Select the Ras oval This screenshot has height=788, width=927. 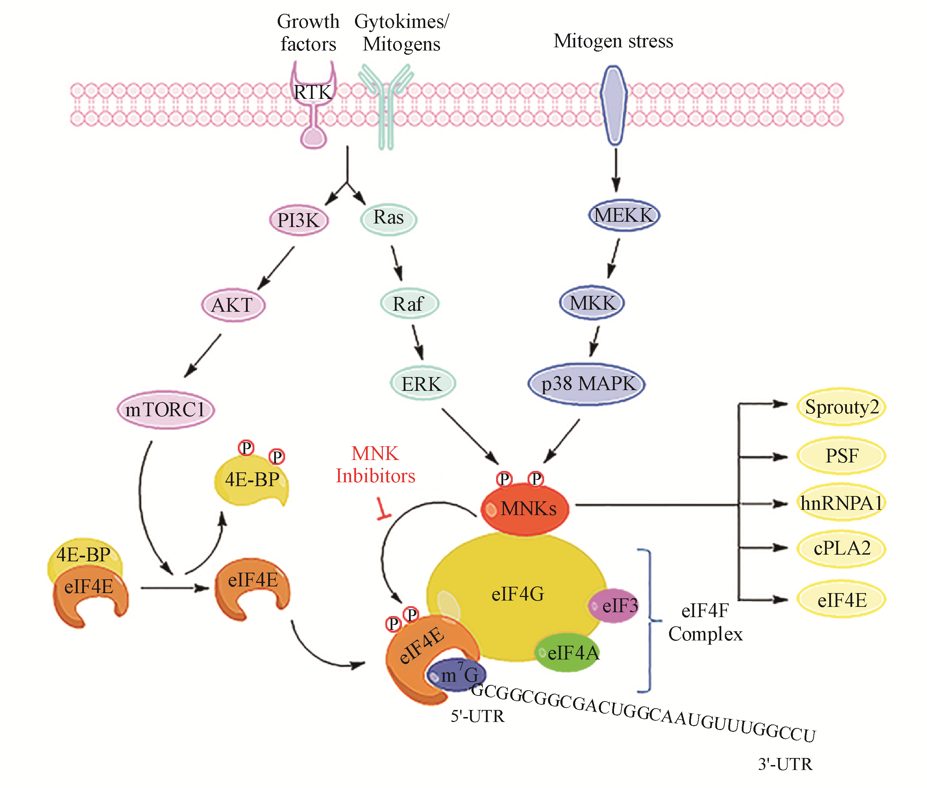389,218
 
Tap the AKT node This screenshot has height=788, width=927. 233,305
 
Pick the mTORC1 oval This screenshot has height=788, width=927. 165,410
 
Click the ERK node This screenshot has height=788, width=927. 422,384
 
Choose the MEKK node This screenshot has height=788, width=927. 624,215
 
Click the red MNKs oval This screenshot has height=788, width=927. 525,509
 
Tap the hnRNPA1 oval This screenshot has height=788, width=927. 841,503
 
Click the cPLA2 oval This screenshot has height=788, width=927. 841,548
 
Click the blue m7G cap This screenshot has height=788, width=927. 456,674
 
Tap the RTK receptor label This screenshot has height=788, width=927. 313,92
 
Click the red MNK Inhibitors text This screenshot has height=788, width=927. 375,465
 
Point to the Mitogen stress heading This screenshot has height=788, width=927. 613,41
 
